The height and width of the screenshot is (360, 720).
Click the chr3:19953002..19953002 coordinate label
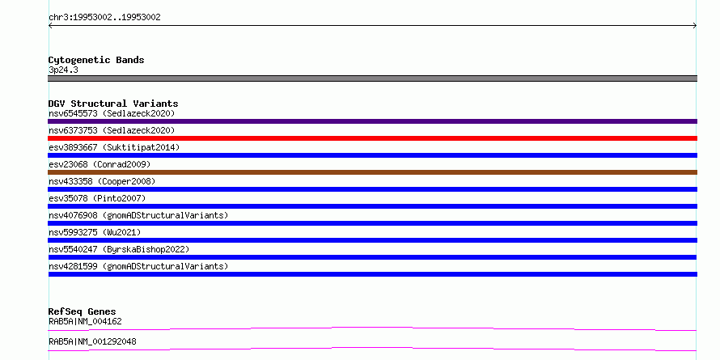pyautogui.click(x=104, y=18)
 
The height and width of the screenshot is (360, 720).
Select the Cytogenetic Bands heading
pyautogui.click(x=96, y=60)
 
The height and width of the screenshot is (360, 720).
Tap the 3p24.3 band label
pyautogui.click(x=63, y=70)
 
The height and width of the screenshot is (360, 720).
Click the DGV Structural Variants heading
pyautogui.click(x=113, y=104)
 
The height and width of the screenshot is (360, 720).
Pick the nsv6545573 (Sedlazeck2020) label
pyautogui.click(x=112, y=113)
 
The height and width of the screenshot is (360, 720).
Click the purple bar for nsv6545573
pyautogui.click(x=372, y=121)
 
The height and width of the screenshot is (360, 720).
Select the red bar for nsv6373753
pyautogui.click(x=372, y=138)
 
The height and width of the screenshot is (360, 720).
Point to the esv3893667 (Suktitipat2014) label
pyautogui.click(x=114, y=147)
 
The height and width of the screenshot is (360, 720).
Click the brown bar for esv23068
pyautogui.click(x=372, y=172)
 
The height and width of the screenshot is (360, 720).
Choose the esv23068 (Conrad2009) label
pyautogui.click(x=100, y=164)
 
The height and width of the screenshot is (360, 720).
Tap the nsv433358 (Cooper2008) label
pyautogui.click(x=102, y=181)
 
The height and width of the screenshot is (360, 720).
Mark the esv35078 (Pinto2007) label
pyautogui.click(x=97, y=198)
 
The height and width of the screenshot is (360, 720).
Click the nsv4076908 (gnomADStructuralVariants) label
pyautogui.click(x=138, y=215)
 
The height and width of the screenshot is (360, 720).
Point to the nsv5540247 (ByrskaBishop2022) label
pyautogui.click(x=119, y=249)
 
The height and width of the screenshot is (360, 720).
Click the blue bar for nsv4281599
pyautogui.click(x=372, y=274)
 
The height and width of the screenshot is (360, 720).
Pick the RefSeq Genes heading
pyautogui.click(x=83, y=311)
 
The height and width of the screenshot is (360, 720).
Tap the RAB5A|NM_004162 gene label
pyautogui.click(x=86, y=321)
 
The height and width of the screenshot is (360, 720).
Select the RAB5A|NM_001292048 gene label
pyautogui.click(x=92, y=341)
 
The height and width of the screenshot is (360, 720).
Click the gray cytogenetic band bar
pyautogui.click(x=372, y=78)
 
